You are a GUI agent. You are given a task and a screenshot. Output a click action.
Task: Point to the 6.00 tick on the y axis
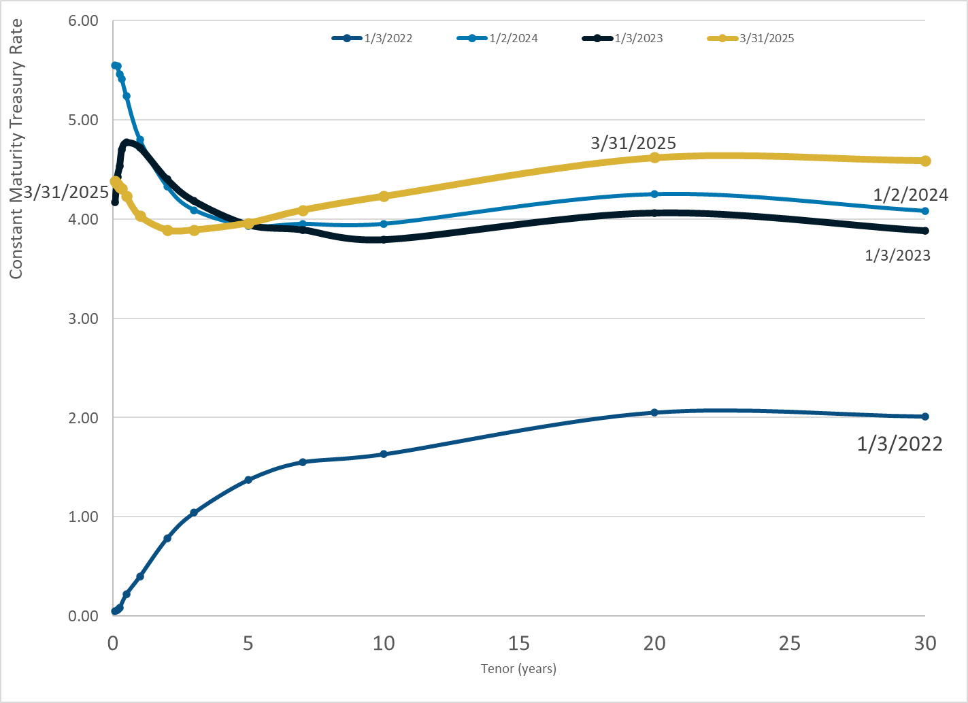click(x=84, y=21)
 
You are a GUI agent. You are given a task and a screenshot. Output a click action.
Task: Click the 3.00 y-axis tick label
click(x=84, y=318)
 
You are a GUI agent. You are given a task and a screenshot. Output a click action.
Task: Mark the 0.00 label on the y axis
click(x=84, y=616)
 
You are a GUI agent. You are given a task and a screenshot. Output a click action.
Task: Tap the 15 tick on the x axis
click(x=519, y=643)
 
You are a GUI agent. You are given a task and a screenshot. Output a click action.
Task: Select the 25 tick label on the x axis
click(x=790, y=643)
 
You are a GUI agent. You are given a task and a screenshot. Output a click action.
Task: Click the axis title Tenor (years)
click(x=518, y=669)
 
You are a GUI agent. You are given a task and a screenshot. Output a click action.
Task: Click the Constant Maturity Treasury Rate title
click(x=16, y=148)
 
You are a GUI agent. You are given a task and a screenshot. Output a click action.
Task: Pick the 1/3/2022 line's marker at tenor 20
click(x=654, y=412)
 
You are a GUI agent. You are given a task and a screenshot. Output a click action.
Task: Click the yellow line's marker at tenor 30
click(x=925, y=161)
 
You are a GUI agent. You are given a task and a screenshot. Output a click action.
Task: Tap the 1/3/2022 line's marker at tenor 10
click(x=384, y=454)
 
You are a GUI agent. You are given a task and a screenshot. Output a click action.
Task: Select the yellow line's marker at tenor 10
click(x=384, y=196)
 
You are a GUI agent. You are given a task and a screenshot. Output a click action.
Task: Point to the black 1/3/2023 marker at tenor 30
click(x=925, y=231)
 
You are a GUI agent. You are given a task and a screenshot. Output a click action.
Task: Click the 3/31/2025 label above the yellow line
click(x=633, y=143)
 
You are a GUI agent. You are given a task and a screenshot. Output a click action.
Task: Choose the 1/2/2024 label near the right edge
click(x=910, y=195)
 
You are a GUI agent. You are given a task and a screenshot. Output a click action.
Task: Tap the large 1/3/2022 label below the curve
click(x=899, y=444)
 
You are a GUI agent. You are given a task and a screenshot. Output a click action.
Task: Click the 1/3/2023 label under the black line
click(x=897, y=255)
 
